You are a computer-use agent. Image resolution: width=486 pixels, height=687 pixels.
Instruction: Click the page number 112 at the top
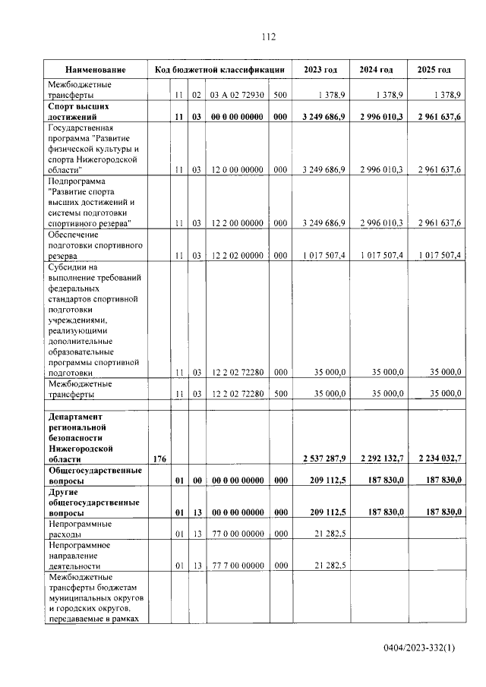coord(267,36)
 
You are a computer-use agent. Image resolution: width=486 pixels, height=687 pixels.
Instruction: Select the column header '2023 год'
coord(320,70)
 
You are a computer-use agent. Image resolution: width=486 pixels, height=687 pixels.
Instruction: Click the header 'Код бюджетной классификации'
coord(219,70)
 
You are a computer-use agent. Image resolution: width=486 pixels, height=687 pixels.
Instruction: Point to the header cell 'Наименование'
coord(95,70)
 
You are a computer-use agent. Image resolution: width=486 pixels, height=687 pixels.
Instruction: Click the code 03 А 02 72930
coord(237,96)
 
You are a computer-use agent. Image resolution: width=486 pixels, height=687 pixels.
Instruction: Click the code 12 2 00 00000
coord(237,223)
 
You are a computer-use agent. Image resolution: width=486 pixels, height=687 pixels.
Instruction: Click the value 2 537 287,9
coord(323,459)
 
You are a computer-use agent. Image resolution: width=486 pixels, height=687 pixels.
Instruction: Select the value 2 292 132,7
coord(380,459)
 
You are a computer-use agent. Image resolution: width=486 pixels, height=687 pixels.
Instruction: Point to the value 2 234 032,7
coord(436,459)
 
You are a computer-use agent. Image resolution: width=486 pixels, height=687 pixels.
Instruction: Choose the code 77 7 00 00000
coord(237,566)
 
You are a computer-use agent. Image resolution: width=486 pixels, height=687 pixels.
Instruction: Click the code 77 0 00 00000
coord(237,534)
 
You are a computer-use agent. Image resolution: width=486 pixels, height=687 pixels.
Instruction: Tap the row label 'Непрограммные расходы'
coord(79,529)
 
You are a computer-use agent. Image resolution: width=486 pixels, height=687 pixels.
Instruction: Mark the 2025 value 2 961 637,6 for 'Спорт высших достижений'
coord(436,118)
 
